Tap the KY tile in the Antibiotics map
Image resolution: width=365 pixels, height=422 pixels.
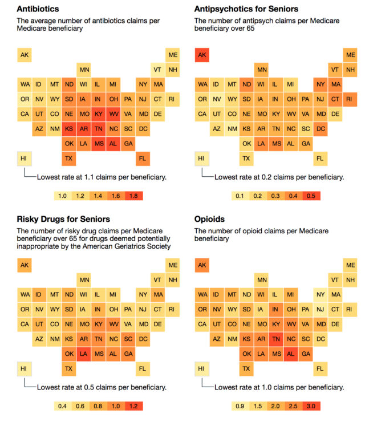(99, 113)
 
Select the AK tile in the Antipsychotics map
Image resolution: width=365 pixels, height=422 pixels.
(202, 55)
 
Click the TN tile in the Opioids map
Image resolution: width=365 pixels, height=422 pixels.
(276, 339)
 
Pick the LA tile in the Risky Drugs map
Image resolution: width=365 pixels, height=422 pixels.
(83, 354)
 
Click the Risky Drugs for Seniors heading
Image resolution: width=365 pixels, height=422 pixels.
(63, 220)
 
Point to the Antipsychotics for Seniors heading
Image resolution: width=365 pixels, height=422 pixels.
(246, 9)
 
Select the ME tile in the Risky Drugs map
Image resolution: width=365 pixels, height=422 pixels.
(173, 265)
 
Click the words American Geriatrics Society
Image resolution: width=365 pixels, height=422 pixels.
(129, 247)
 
